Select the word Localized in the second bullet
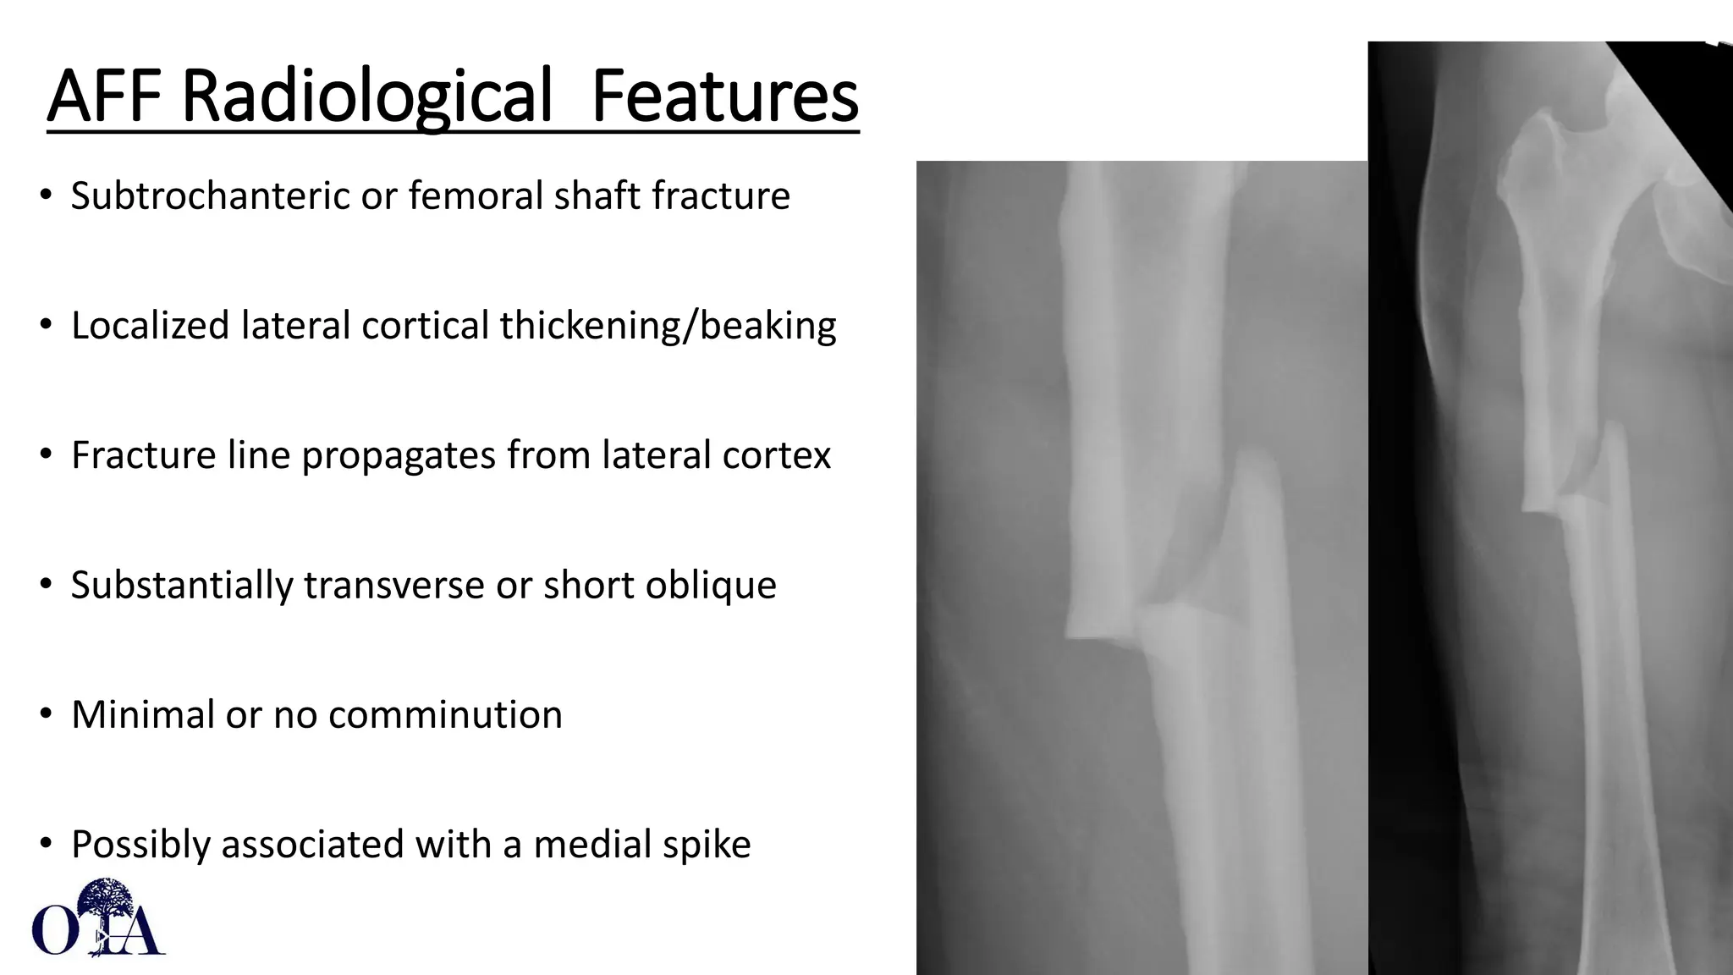pyautogui.click(x=150, y=326)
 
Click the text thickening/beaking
pyautogui.click(x=668, y=326)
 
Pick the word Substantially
pyautogui.click(x=181, y=585)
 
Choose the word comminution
pyautogui.click(x=445, y=715)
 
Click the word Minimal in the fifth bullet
pyautogui.click(x=142, y=715)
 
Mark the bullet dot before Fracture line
pyautogui.click(x=46, y=455)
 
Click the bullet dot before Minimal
pyautogui.click(x=46, y=715)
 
